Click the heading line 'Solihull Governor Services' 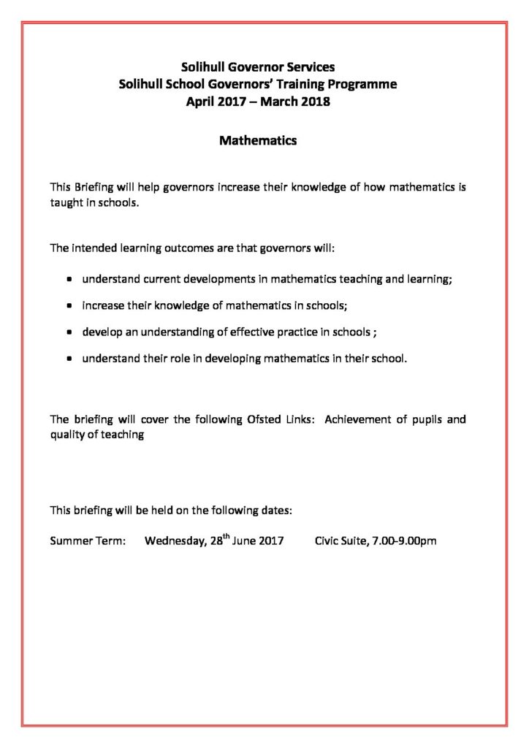258,67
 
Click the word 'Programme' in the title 360,84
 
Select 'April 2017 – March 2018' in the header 258,102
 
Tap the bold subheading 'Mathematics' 258,141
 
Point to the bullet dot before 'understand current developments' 69,279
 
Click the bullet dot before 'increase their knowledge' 69,306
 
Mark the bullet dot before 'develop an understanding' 69,332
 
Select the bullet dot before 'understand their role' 69,359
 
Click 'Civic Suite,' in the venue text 340,542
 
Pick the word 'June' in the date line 245,542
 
